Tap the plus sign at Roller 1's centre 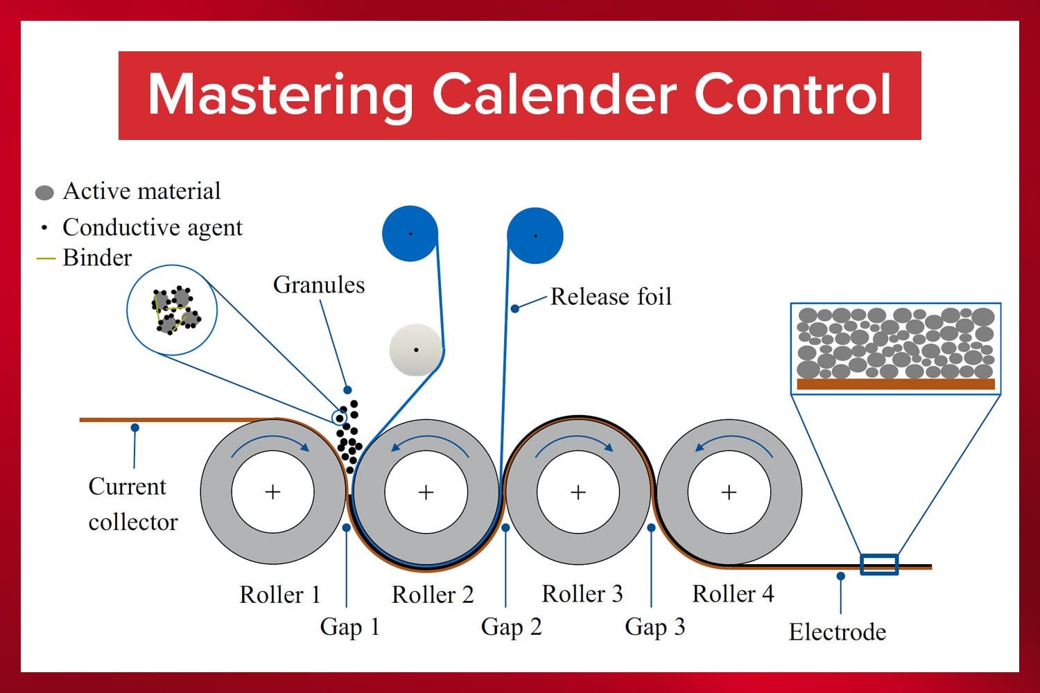[x=272, y=492]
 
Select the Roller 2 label [x=433, y=595]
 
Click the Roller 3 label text [x=582, y=594]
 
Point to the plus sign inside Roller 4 [x=729, y=492]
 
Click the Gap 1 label [x=350, y=626]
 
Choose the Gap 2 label [x=511, y=626]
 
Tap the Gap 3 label [x=655, y=626]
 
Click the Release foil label [x=611, y=297]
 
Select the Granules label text [x=319, y=285]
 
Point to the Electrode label [x=838, y=632]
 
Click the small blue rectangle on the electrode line [x=879, y=565]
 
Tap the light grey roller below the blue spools [x=415, y=350]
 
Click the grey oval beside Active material [x=44, y=193]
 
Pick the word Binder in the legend [x=97, y=258]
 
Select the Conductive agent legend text [x=153, y=227]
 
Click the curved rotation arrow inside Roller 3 [x=575, y=441]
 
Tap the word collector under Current [x=133, y=522]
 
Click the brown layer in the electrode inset [x=896, y=384]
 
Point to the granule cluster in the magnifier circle [x=175, y=310]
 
